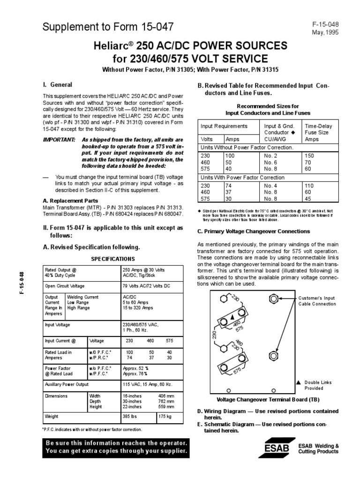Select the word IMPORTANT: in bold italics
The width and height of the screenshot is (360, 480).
point(59,140)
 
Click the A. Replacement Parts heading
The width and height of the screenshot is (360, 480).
point(71,200)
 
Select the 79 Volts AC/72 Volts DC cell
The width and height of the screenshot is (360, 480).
point(147,285)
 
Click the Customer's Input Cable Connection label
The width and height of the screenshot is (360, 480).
point(316,301)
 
